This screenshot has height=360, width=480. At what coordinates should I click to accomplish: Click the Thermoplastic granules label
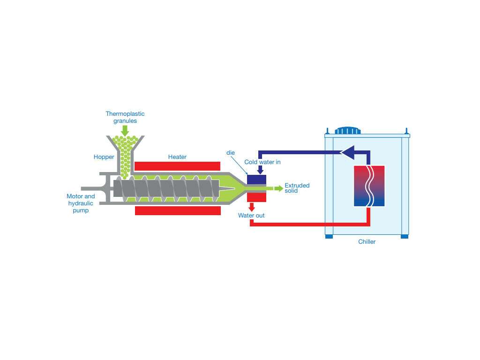(125, 117)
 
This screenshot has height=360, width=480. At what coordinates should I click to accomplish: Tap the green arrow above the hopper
(125, 130)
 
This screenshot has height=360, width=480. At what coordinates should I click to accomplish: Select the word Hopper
(104, 157)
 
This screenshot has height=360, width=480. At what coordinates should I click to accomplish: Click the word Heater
(177, 157)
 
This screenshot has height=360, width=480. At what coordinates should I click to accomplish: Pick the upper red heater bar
(177, 166)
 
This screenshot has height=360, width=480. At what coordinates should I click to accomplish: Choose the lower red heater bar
(178, 210)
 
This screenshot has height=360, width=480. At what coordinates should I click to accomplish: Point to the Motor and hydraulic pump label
(81, 203)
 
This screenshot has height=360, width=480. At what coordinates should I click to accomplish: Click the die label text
(231, 153)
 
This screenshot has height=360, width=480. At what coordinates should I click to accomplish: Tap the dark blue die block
(256, 180)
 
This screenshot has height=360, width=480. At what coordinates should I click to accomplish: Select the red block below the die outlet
(256, 197)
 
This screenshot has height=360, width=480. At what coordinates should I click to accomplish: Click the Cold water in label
(262, 162)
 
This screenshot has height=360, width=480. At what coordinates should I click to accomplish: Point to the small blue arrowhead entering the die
(260, 171)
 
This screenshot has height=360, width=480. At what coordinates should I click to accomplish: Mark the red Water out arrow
(252, 207)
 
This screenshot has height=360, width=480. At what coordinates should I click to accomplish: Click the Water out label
(251, 216)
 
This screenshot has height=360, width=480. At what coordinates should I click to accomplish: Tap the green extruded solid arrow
(278, 188)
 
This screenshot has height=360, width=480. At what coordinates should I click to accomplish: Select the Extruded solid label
(297, 188)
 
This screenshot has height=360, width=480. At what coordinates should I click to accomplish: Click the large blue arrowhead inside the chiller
(347, 152)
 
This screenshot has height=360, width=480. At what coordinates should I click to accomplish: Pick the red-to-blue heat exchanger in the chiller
(369, 186)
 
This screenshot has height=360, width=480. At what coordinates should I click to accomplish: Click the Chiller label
(367, 242)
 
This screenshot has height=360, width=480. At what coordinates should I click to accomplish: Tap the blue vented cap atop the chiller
(347, 130)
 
